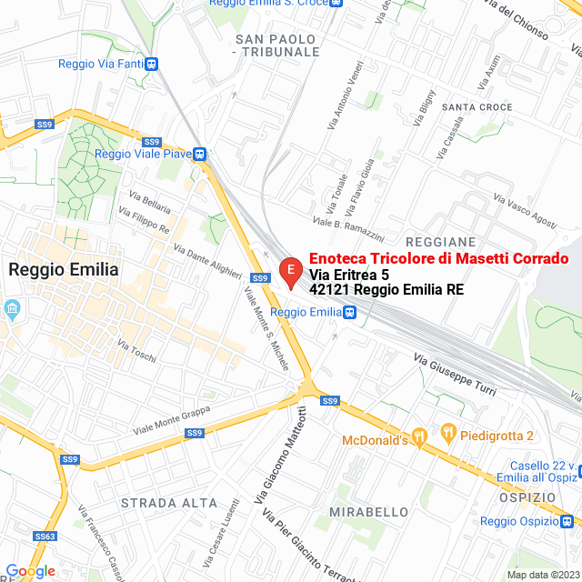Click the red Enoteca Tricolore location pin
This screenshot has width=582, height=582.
point(289,271)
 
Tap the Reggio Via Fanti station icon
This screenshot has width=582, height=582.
point(151,64)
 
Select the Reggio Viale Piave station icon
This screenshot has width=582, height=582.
point(199,154)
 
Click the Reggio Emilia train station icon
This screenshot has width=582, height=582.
point(350,312)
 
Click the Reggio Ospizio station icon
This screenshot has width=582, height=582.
point(567,521)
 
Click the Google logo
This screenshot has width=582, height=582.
point(30,570)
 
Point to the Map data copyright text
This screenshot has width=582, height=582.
point(541,575)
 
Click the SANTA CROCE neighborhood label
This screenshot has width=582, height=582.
point(477,107)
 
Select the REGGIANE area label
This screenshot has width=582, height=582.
point(441,242)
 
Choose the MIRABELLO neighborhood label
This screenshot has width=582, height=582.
point(369,512)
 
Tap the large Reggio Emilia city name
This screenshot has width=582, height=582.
point(63,269)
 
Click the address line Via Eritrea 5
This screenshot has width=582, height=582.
point(349,275)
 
